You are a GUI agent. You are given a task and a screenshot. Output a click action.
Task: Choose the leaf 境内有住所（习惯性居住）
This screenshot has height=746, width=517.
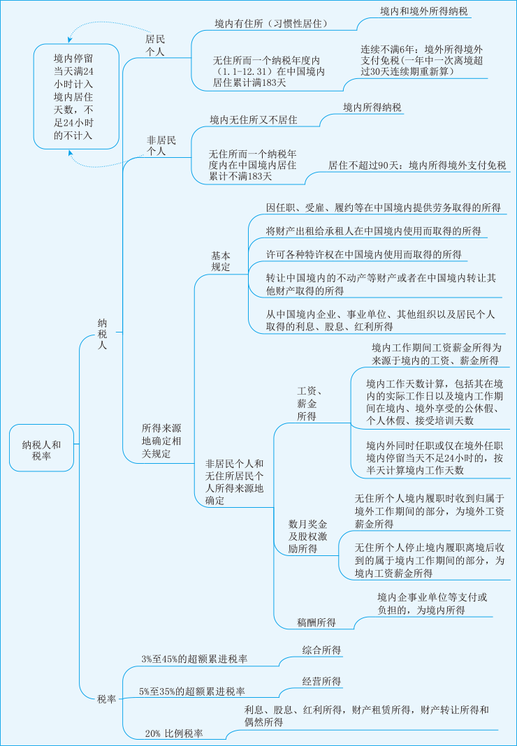pos(272,24)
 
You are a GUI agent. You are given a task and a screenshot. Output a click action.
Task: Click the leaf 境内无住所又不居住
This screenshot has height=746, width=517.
pos(254,119)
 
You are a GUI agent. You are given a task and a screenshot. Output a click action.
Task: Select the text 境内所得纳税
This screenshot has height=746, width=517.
pos(372,107)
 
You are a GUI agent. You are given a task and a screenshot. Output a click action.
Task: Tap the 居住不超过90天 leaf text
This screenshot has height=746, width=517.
pos(417,166)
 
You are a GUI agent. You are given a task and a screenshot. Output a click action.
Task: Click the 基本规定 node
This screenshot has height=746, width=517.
pos(221,261)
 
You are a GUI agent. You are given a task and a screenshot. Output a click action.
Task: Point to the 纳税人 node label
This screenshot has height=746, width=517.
pos(102,334)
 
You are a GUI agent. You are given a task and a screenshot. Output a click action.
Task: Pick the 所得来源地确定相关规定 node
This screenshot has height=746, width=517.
pos(161,440)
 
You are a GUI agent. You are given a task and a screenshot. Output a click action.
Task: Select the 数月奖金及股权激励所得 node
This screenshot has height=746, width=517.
pos(308,536)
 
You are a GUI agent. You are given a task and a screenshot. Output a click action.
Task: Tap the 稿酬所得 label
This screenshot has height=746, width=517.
pos(316,622)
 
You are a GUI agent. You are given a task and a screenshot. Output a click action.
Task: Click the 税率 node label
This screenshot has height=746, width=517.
pos(107,699)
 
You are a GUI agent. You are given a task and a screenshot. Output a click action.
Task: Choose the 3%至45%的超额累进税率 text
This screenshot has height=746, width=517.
pos(194,658)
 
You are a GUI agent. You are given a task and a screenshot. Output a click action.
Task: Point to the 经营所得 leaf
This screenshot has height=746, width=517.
pos(321,681)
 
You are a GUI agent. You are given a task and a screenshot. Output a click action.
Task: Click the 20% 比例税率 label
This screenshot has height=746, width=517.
pos(174,733)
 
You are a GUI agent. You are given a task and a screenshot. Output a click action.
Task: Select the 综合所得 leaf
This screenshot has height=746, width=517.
pos(321,650)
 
